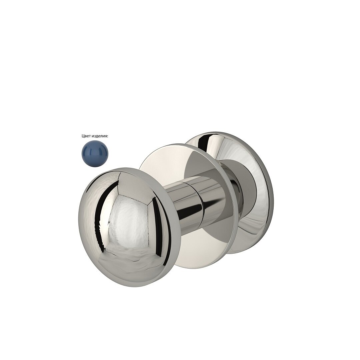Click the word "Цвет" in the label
click(x=86, y=136)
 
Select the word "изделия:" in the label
click(x=100, y=136)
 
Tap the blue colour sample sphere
click(x=95, y=153)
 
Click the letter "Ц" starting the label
click(x=83, y=136)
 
